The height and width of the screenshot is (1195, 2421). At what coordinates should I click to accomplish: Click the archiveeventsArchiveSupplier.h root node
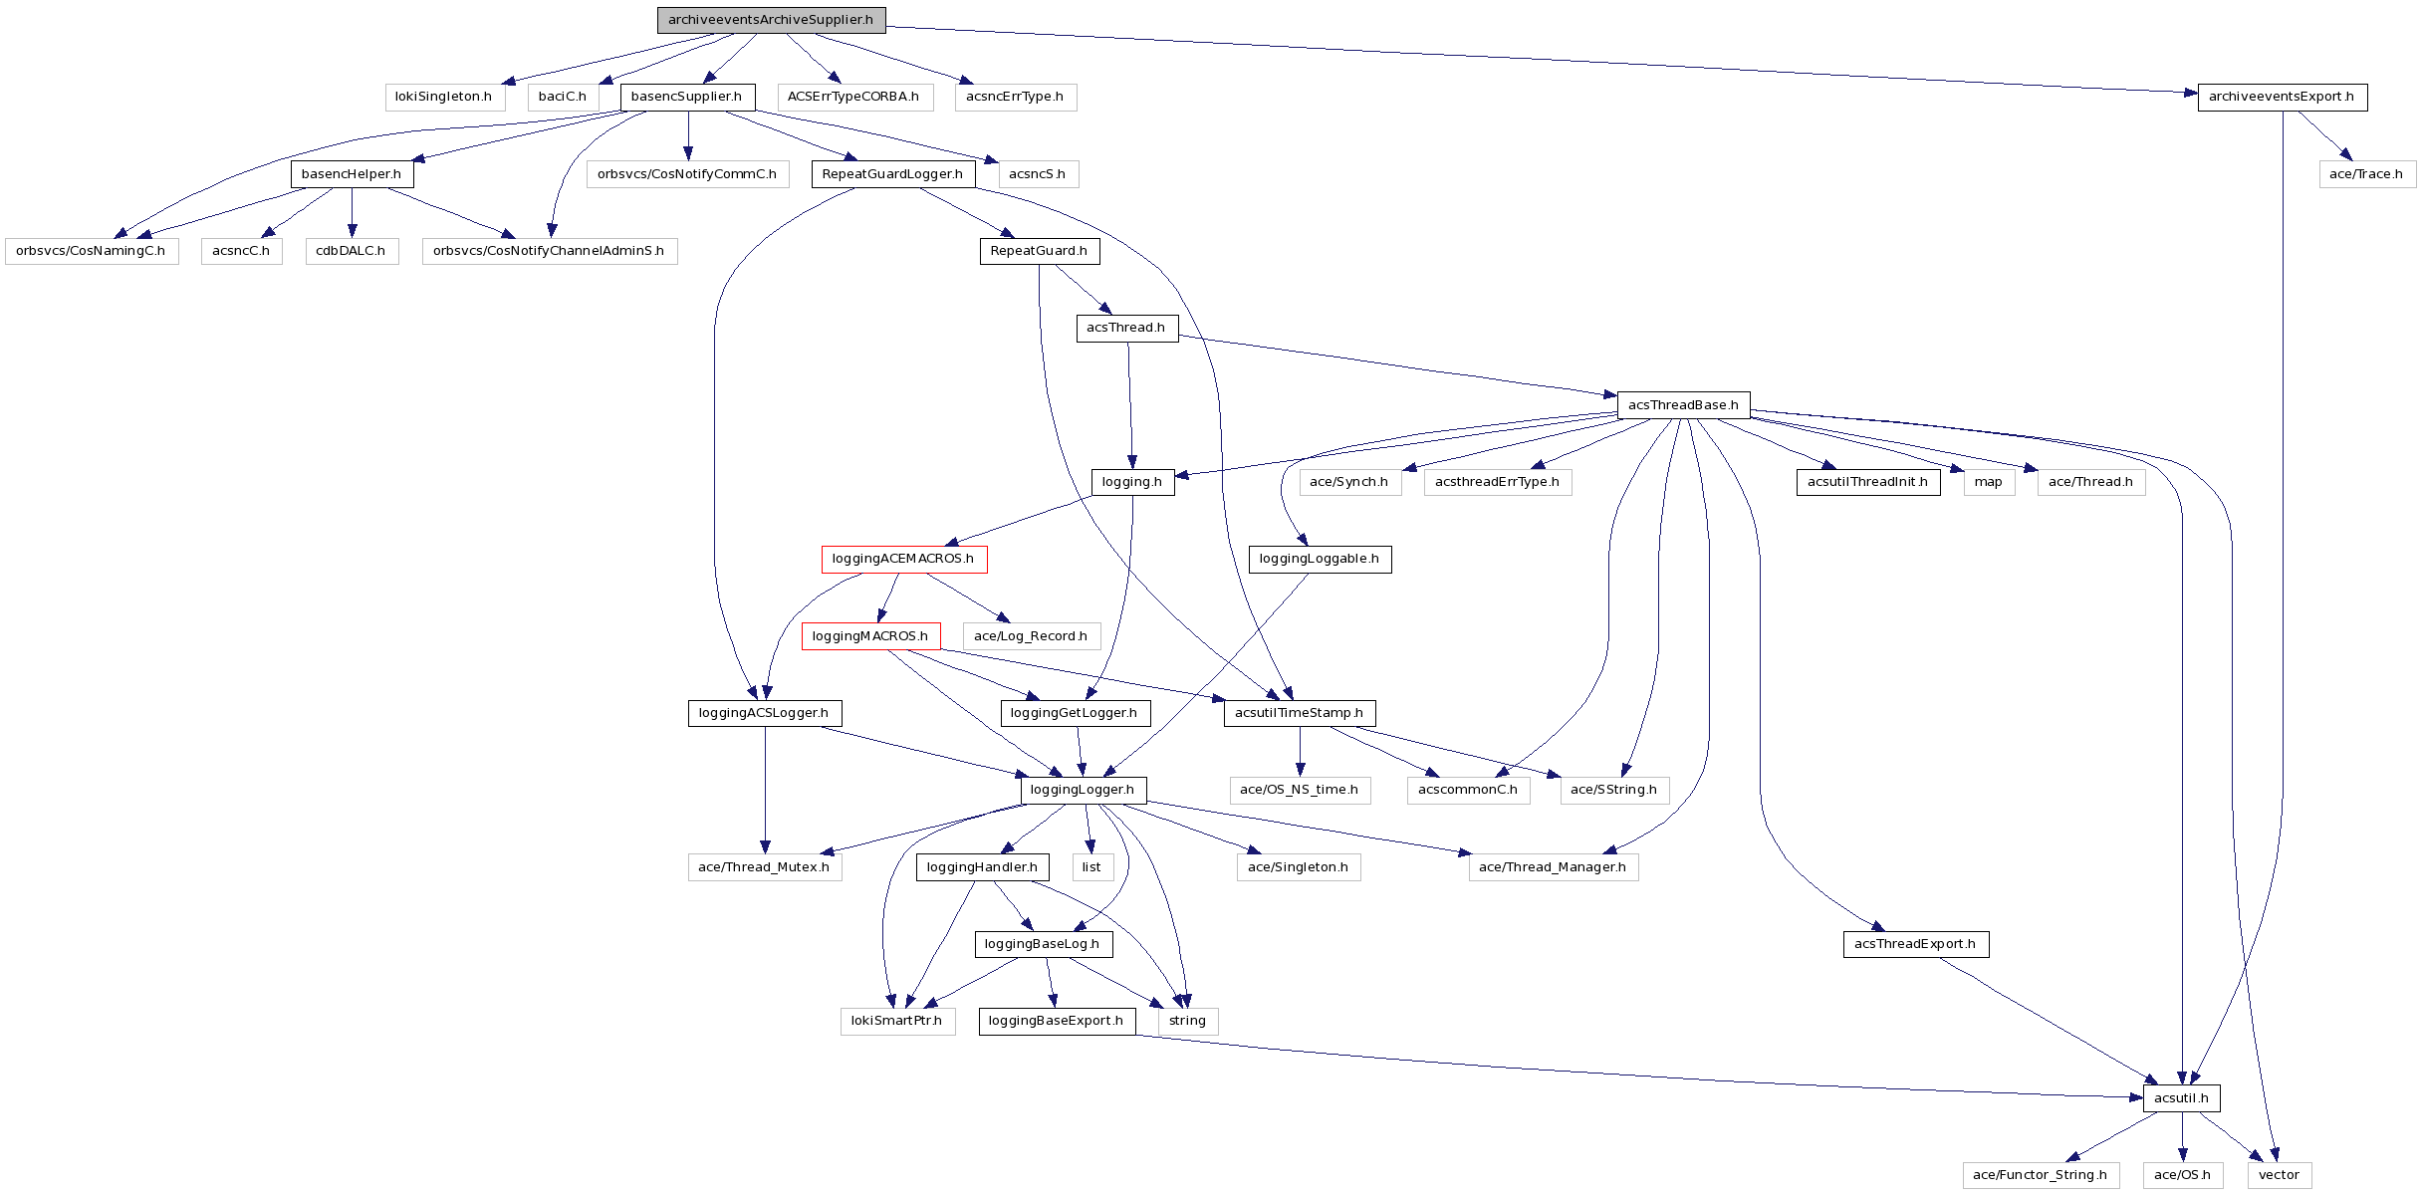pyautogui.click(x=771, y=20)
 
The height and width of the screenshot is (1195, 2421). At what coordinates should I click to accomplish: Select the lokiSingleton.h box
pyautogui.click(x=443, y=97)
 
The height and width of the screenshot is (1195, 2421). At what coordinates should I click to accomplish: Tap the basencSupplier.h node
pyautogui.click(x=687, y=97)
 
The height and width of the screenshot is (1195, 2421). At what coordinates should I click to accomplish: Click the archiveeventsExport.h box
pyautogui.click(x=2282, y=97)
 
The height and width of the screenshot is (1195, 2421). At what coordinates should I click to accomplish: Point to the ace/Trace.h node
pyautogui.click(x=2366, y=173)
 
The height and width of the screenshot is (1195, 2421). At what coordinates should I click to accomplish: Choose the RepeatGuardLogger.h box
pyautogui.click(x=892, y=173)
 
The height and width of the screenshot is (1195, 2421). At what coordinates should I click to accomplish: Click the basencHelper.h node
pyautogui.click(x=352, y=173)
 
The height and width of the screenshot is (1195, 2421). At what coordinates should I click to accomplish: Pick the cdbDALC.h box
pyautogui.click(x=351, y=250)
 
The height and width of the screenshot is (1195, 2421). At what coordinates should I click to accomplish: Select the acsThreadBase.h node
pyautogui.click(x=1683, y=404)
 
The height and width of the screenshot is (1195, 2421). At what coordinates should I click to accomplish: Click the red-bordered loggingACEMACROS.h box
pyautogui.click(x=903, y=559)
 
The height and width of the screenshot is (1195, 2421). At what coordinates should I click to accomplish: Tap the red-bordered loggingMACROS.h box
pyautogui.click(x=870, y=635)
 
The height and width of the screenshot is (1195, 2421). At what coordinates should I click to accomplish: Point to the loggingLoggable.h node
pyautogui.click(x=1320, y=559)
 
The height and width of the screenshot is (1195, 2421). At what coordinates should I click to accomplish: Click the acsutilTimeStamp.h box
pyautogui.click(x=1300, y=712)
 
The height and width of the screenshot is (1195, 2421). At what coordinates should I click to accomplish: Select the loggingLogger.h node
pyautogui.click(x=1083, y=790)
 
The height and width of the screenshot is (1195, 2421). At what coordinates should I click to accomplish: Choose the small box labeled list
pyautogui.click(x=1091, y=866)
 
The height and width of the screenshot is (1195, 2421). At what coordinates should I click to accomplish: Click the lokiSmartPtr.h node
pyautogui.click(x=896, y=1021)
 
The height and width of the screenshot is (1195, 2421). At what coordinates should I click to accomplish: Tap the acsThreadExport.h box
pyautogui.click(x=1915, y=943)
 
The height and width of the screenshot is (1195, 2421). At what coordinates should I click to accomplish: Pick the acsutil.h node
pyautogui.click(x=2181, y=1097)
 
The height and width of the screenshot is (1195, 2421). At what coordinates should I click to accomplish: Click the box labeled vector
pyautogui.click(x=2279, y=1174)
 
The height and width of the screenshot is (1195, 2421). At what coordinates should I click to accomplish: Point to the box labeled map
pyautogui.click(x=1988, y=482)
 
